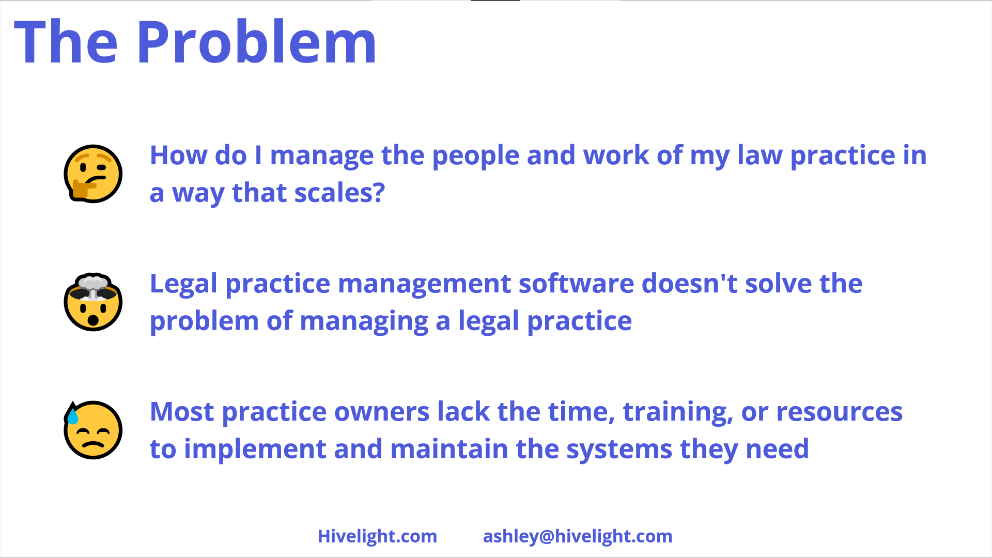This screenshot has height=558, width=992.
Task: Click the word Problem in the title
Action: point(256,42)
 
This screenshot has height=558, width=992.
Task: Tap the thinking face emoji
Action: point(93,174)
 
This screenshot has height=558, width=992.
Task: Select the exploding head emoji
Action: point(93,302)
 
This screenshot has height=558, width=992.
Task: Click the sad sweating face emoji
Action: point(93,430)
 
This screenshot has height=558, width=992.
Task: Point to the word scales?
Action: point(339,193)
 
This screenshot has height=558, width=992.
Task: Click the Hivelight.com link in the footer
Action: point(377,536)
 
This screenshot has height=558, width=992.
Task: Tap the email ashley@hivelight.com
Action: point(578,536)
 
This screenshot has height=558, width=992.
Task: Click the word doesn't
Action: point(689,284)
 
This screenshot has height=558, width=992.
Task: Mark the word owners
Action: point(382,412)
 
